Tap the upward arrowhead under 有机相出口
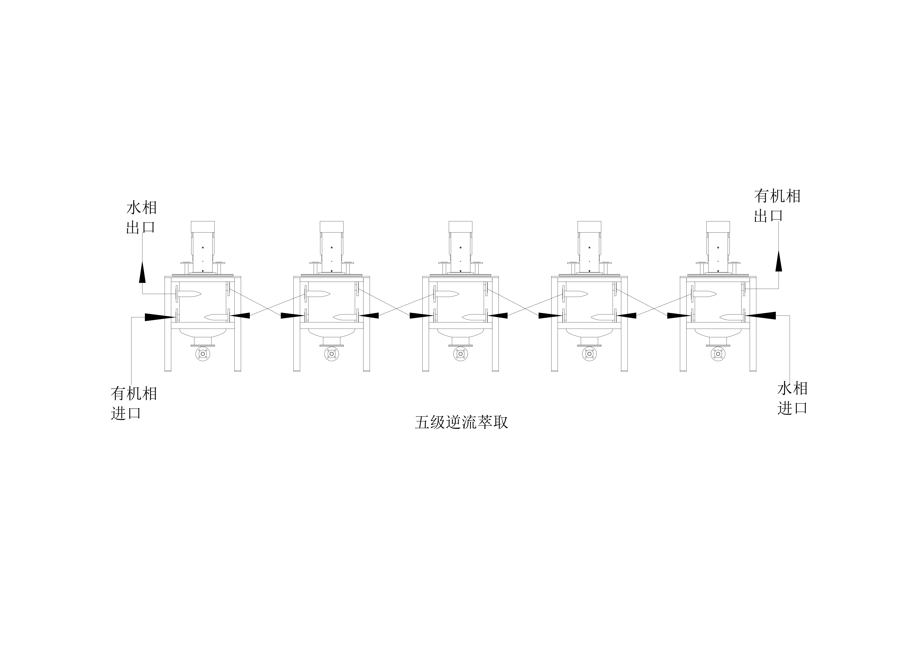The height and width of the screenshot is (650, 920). pos(779,261)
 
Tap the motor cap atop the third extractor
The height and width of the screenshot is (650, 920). pos(460,227)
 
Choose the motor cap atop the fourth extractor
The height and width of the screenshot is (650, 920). pos(589,227)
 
